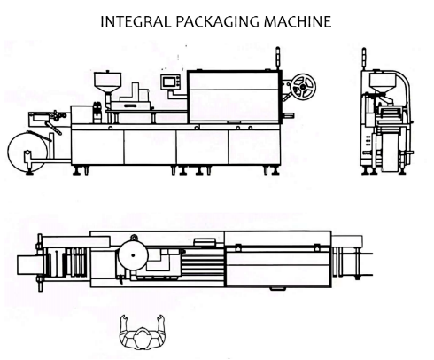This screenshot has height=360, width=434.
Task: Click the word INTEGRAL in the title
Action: click(136, 21)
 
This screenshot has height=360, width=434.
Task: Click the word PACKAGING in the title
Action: click(218, 21)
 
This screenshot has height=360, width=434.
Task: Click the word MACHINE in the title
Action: click(298, 21)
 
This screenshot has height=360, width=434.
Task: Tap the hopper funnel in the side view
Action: click(108, 82)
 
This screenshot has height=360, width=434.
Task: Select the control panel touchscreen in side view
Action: click(170, 82)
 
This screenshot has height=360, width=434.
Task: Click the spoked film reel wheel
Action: click(303, 86)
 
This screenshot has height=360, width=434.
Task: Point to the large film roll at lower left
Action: click(27, 152)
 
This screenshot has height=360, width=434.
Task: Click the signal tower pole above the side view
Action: click(277, 59)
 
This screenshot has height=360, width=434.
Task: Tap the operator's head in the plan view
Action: click(143, 337)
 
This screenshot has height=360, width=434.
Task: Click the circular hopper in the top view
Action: click(133, 255)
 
